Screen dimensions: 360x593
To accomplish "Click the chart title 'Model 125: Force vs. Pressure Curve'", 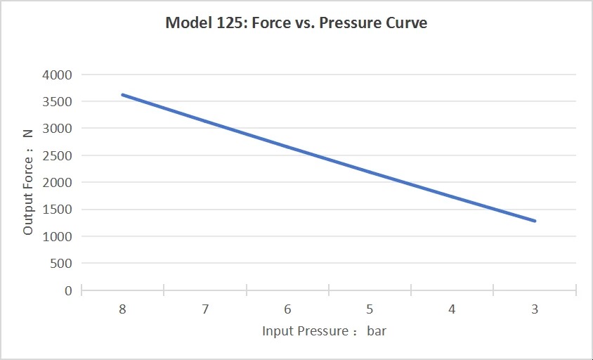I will pyautogui.click(x=296, y=22).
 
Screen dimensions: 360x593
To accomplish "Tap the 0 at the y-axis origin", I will pyautogui.click(x=68, y=290).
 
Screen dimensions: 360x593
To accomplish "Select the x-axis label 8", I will pyautogui.click(x=122, y=309).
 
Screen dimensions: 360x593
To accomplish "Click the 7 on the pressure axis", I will pyautogui.click(x=204, y=309).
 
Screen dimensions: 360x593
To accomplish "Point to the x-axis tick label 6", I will pyautogui.click(x=287, y=309).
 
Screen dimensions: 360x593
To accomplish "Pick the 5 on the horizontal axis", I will pyautogui.click(x=370, y=309).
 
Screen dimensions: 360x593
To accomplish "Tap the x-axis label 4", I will pyautogui.click(x=452, y=309).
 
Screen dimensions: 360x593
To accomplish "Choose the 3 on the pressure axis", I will pyautogui.click(x=535, y=309).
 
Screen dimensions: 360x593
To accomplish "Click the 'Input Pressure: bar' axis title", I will pyautogui.click(x=324, y=330).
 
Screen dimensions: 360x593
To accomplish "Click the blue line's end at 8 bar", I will pyautogui.click(x=122, y=94).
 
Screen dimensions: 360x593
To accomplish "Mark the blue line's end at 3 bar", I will pyautogui.click(x=535, y=221).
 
